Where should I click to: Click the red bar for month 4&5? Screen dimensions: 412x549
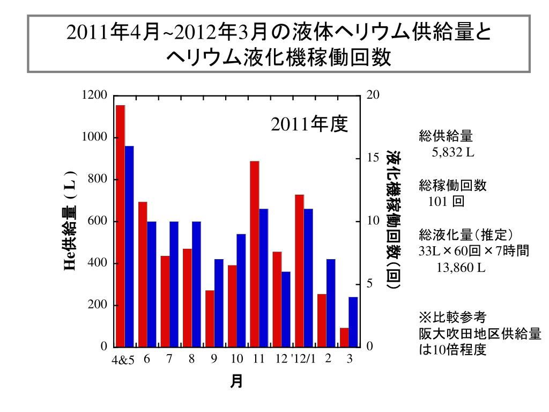pyautogui.click(x=120, y=226)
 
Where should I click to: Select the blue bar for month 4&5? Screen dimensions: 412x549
pyautogui.click(x=129, y=246)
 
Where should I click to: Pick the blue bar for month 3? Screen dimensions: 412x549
pyautogui.click(x=353, y=322)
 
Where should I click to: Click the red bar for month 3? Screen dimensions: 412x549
pyautogui.click(x=344, y=337)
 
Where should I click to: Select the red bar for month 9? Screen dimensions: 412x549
pyautogui.click(x=210, y=319)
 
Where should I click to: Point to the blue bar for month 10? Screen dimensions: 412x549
pyautogui.click(x=241, y=290)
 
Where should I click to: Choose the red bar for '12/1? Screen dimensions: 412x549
pyautogui.click(x=299, y=270)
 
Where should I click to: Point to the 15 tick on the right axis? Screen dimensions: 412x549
pyautogui.click(x=373, y=158)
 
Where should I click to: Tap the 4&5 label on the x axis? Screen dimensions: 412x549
pyautogui.click(x=123, y=360)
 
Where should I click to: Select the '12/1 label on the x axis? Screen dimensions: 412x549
pyautogui.click(x=303, y=359)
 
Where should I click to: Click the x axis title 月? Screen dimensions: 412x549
pyautogui.click(x=236, y=381)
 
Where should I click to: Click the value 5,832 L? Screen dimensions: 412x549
pyautogui.click(x=453, y=152)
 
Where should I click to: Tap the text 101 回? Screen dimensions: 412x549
pyautogui.click(x=446, y=202)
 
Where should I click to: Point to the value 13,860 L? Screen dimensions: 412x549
pyautogui.click(x=461, y=267)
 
